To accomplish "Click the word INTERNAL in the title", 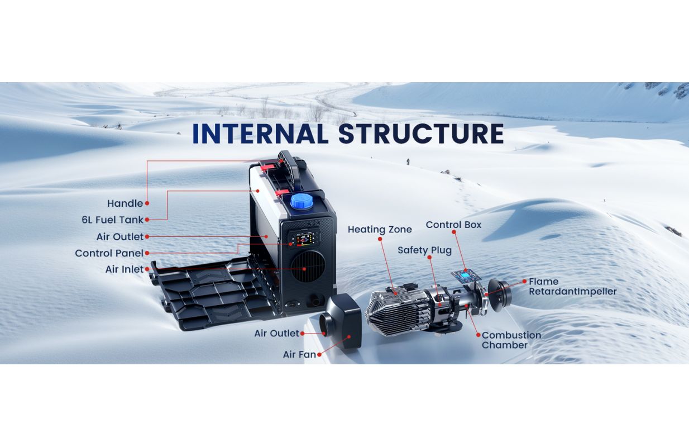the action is [260, 134].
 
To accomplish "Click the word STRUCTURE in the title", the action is [421, 134].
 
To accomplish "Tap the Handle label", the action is [125, 203].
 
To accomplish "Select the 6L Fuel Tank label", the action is [112, 220].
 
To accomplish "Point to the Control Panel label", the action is [109, 253].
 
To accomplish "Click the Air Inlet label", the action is [125, 269].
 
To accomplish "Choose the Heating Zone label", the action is [380, 229].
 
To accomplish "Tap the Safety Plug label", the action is [424, 250].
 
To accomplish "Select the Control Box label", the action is [453, 225].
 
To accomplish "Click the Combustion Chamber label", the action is [511, 340].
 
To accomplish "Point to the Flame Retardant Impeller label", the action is [572, 287].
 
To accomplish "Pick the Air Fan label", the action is [299, 355].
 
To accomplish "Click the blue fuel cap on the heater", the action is [302, 202].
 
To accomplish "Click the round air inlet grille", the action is [308, 267].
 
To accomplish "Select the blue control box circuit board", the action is [466, 276].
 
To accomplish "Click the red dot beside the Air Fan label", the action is [319, 355].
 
